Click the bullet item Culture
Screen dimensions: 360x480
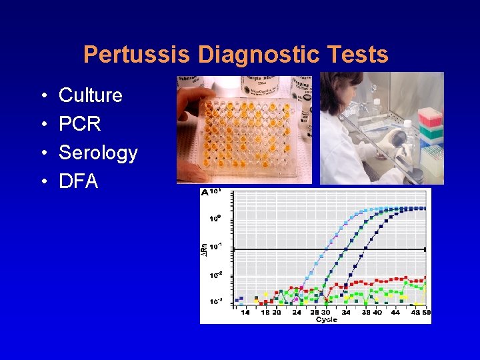91,95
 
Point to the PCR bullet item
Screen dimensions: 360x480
80,124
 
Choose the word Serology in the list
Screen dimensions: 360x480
98,153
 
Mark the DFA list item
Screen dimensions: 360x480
79,181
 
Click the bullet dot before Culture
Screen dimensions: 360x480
43,96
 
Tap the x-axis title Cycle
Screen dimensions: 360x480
326,319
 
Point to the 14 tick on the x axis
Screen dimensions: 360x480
245,312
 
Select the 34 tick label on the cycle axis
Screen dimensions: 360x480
346,312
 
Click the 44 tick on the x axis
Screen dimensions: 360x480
395,312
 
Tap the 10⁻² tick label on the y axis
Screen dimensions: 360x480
215,275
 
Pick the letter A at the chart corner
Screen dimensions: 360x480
205,193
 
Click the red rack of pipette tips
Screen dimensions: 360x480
430,116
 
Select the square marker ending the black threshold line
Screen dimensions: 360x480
425,249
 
